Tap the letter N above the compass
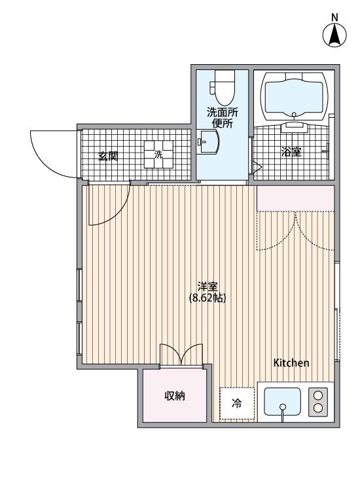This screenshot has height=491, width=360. pyautogui.click(x=334, y=18)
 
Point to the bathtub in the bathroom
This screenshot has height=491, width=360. pyautogui.click(x=293, y=96)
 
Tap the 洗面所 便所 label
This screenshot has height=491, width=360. pyautogui.click(x=223, y=117)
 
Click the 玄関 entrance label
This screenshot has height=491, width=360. pyautogui.click(x=108, y=156)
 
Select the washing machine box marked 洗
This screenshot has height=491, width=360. pyautogui.click(x=158, y=155)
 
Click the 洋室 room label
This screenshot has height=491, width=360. pyautogui.click(x=207, y=286)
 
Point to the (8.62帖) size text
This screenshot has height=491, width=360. pyautogui.click(x=207, y=299)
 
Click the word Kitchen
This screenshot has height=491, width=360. pyautogui.click(x=291, y=363)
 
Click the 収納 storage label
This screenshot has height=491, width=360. pyautogui.click(x=173, y=397)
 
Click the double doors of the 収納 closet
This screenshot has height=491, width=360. pyautogui.click(x=182, y=354)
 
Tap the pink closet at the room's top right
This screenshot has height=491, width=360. pyautogui.click(x=295, y=198)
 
